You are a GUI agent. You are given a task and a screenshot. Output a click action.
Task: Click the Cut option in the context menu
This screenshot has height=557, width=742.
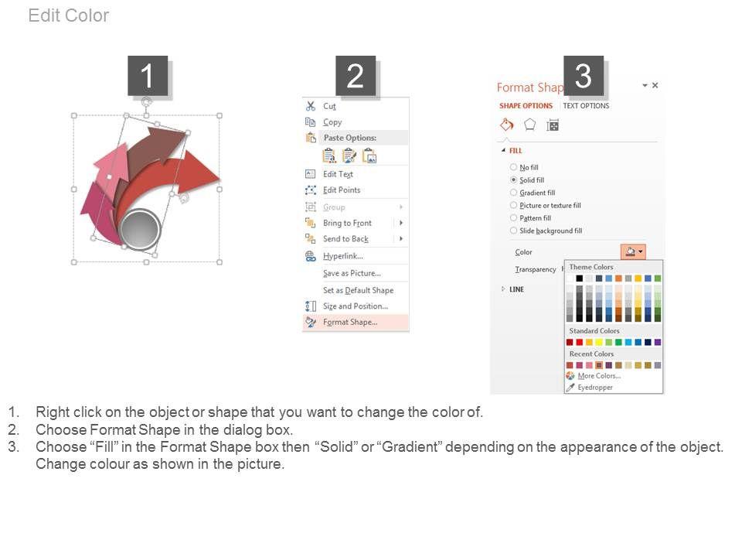329,106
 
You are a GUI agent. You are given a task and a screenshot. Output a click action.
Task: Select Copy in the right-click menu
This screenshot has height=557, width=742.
332,122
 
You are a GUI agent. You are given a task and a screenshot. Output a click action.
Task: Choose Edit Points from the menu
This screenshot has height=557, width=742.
342,190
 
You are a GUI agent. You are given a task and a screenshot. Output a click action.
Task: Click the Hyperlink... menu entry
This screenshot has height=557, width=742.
343,256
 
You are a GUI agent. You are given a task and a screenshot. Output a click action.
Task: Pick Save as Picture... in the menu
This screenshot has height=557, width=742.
352,273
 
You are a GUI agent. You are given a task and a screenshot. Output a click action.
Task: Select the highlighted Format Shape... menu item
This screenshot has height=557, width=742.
350,322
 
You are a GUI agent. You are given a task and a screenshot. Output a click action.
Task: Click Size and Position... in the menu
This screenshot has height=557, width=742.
356,306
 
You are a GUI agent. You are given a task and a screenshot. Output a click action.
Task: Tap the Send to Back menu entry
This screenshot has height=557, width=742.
346,239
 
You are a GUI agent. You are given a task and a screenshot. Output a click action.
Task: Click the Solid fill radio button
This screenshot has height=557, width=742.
513,180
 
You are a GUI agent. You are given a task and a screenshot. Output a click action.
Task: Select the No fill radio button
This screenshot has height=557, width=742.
513,167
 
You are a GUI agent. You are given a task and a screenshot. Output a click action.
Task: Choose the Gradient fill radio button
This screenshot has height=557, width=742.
513,193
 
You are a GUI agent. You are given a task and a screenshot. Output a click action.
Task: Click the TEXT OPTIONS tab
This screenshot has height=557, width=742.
586,106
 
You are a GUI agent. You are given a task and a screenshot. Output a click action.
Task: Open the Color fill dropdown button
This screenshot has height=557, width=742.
633,251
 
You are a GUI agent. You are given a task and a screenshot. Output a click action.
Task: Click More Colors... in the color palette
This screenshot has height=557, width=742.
599,376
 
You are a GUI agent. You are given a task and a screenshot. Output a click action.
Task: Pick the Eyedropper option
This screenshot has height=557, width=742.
595,388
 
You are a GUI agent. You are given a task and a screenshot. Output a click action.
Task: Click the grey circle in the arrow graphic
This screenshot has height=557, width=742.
140,229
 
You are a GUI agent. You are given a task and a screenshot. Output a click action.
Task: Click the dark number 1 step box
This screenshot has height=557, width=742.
148,76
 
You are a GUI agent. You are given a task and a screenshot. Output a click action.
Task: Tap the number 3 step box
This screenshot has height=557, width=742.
584,76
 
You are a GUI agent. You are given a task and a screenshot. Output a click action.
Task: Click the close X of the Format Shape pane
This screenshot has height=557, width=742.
655,85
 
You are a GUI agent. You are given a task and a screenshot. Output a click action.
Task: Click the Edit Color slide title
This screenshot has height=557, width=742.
69,15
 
